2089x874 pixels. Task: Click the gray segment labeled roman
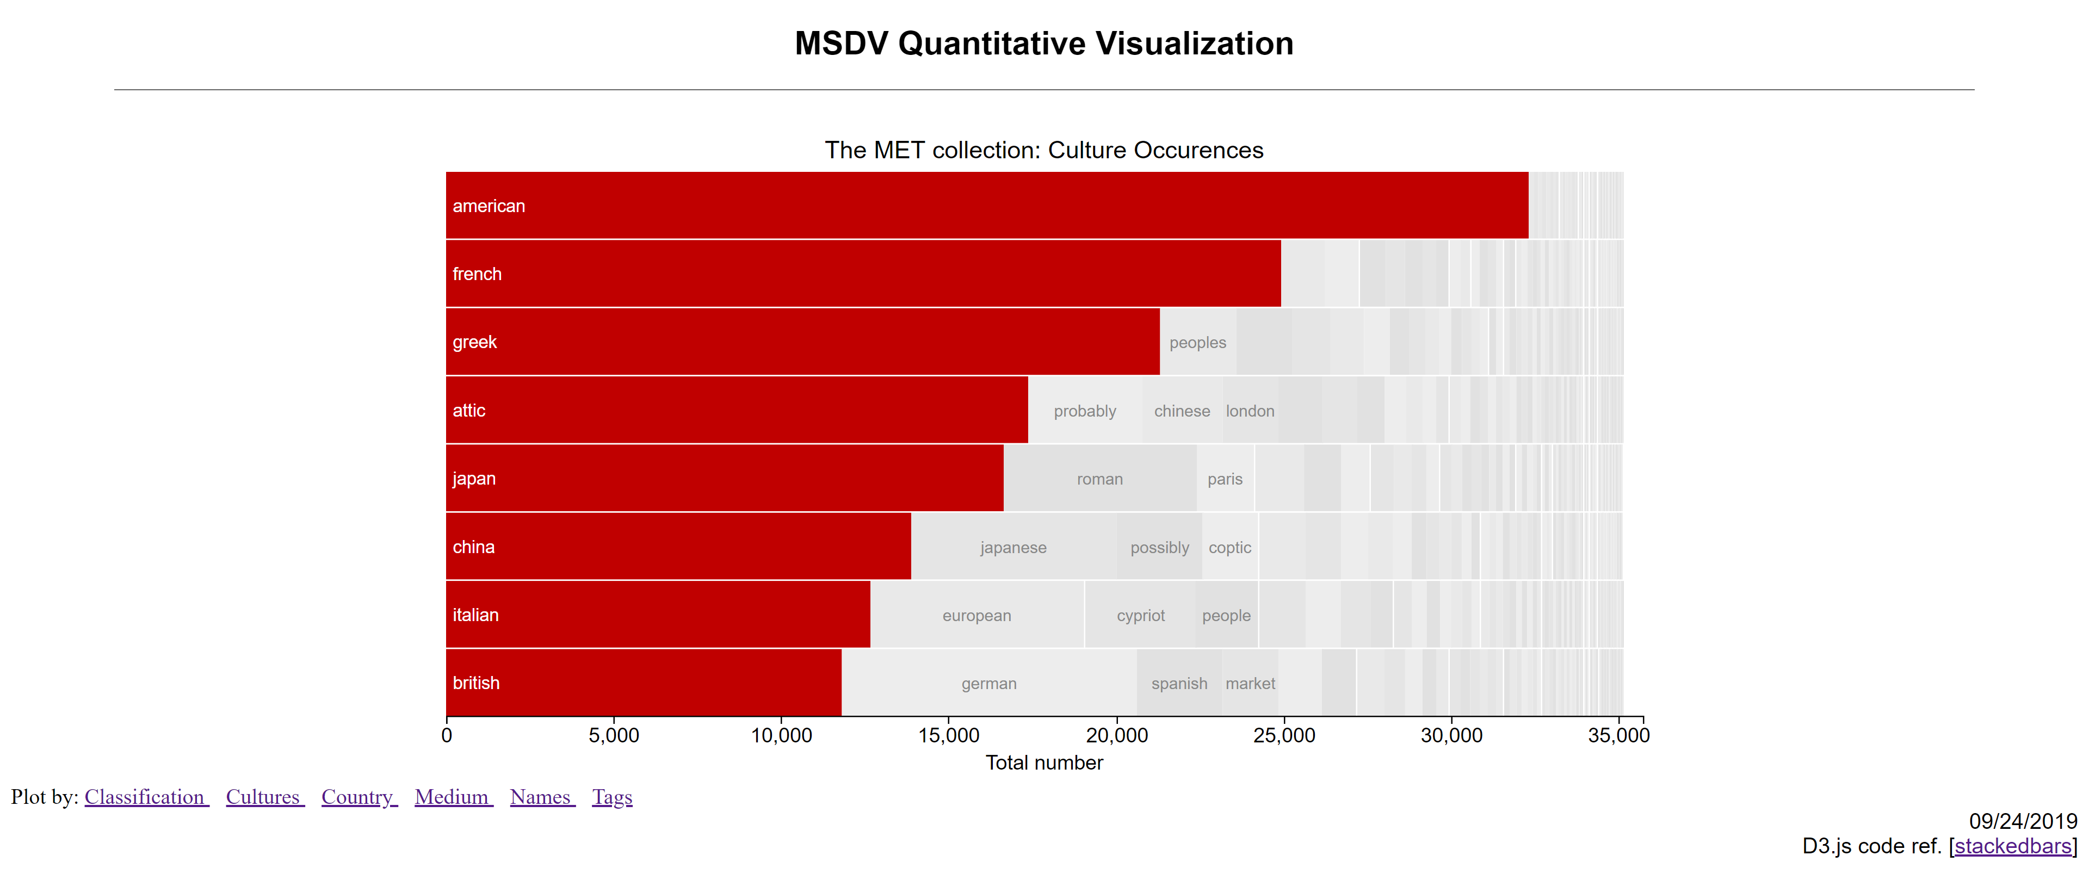tap(1099, 479)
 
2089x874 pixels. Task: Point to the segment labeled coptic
tap(1229, 547)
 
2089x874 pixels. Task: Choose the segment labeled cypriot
tap(1140, 615)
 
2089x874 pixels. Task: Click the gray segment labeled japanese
tap(1013, 547)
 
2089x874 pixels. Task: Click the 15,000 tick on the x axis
tap(948, 735)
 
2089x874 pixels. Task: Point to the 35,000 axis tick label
tap(1618, 735)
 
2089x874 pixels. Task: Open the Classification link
tap(146, 797)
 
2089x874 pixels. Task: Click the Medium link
tap(453, 797)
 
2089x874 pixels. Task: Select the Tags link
tap(611, 797)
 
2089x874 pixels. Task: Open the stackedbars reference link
tap(2013, 846)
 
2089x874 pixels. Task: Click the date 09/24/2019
tap(2023, 821)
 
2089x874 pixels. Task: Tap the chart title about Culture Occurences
tap(1044, 150)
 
